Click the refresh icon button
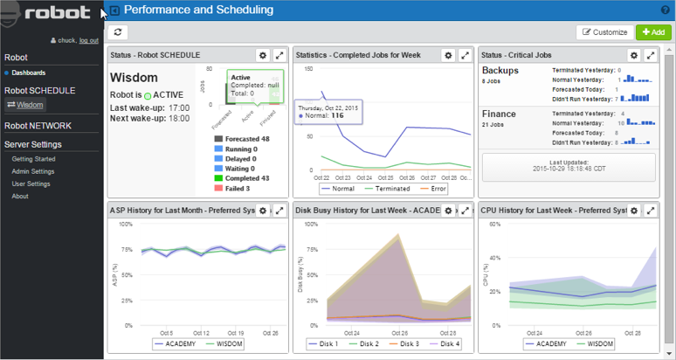coord(118,32)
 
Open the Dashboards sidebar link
coord(28,73)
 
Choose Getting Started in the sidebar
coord(33,159)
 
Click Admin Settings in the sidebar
coord(32,171)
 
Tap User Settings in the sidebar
coord(31,183)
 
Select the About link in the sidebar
coord(20,196)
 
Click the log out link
coord(88,40)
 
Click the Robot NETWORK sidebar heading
coord(38,126)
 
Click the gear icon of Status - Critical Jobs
coord(634,55)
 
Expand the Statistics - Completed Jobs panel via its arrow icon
coord(465,55)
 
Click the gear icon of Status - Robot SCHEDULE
coord(262,55)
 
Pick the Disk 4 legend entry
coord(447,344)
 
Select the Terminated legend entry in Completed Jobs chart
coord(385,188)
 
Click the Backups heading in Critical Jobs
coord(500,70)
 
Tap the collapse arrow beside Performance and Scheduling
coord(114,10)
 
